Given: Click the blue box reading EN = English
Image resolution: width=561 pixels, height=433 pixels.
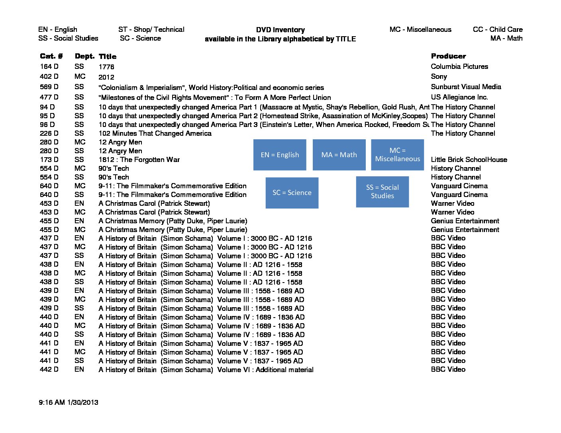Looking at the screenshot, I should pos(280,155).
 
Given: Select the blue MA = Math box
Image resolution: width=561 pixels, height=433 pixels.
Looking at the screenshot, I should pos(339,155).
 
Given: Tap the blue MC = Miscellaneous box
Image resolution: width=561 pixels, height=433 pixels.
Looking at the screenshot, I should pos(397,155).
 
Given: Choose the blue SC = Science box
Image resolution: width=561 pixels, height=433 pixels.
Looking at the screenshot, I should pos(292,193).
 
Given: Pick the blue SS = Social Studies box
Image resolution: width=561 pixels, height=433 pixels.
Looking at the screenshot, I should pos(382,192).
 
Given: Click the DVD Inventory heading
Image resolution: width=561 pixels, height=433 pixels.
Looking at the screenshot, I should pos(280,30).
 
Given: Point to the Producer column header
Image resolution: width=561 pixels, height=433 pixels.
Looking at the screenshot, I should pos(448,56).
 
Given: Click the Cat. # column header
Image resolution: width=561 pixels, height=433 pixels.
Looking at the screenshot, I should pos(51,56).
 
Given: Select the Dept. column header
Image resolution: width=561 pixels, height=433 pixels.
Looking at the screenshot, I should pos(84,56).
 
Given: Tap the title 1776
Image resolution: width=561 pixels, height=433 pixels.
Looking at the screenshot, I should pos(106,67).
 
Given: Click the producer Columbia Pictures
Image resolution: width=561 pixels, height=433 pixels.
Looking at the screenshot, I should pos(459,66).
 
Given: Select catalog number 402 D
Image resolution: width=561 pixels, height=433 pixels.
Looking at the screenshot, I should pos(49,76).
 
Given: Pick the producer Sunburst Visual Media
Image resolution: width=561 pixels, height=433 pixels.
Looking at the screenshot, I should pos(466,87).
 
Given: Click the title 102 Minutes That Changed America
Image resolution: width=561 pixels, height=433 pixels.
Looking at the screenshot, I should pos(155,133).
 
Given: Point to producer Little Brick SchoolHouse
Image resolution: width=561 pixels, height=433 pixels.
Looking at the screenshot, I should pos(469,160).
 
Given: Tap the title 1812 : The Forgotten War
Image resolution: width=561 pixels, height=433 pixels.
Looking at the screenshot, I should pos(139,160).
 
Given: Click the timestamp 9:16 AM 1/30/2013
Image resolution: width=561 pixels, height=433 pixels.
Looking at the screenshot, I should pos(69,402).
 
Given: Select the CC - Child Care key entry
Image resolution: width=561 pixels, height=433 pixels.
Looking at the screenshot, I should pos(498,29).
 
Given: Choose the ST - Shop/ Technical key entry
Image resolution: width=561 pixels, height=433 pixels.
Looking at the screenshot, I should pos(151,29).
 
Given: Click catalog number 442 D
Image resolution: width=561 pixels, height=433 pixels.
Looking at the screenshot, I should pos(49,369).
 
